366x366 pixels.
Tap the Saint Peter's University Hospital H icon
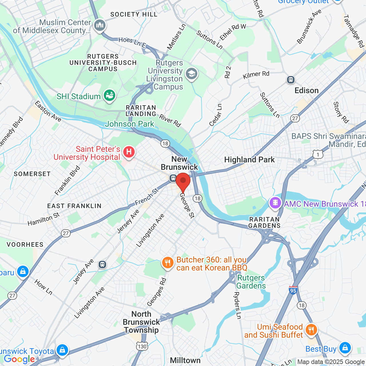coord(129,152)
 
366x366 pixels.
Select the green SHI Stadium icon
coord(109,95)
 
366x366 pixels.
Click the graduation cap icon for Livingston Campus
coord(191,74)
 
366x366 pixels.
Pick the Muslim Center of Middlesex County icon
coord(100,25)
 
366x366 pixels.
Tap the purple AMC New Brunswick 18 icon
coord(275,203)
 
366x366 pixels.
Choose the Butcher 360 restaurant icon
coord(168,262)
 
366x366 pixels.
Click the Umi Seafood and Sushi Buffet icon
coord(311,330)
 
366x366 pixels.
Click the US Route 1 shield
coord(318,154)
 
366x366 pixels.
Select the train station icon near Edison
coord(291,79)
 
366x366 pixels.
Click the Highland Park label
coord(249,160)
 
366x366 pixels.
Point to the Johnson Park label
coord(130,124)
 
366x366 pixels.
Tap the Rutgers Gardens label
coord(251,282)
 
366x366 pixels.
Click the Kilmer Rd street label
coord(256,75)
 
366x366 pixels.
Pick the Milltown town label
coord(185,360)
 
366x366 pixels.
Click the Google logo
coord(19,359)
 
